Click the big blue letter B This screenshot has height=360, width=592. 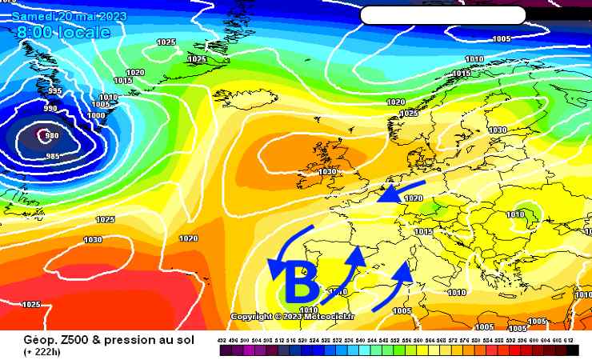tap(302, 282)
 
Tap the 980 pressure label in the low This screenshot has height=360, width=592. tap(52, 135)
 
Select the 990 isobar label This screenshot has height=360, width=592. tap(50, 108)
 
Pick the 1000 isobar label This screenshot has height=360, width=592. tap(95, 115)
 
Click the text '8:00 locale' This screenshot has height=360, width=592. tap(63, 32)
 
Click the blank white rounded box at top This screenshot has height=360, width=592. tap(442, 15)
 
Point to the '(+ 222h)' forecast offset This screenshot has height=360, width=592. tap(46, 353)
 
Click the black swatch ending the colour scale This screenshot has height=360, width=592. tap(572, 350)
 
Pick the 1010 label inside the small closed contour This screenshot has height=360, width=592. tap(516, 214)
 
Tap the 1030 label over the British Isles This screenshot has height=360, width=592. tap(327, 171)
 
